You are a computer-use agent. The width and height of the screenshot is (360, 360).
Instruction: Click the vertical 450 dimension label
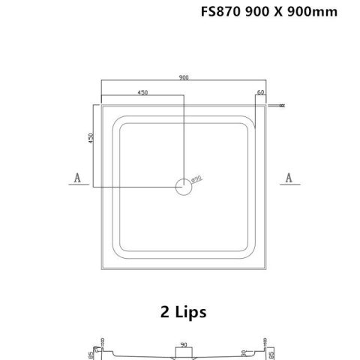[x=92, y=142]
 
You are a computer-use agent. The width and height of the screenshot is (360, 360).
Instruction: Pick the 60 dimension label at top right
[x=261, y=92]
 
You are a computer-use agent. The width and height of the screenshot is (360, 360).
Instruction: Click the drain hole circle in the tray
[x=184, y=187]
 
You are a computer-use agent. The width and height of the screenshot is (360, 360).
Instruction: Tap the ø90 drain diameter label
[x=196, y=178]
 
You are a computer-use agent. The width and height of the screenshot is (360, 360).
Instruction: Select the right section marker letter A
[x=289, y=177]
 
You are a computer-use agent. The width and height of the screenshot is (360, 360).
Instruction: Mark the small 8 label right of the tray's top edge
[x=281, y=106]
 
